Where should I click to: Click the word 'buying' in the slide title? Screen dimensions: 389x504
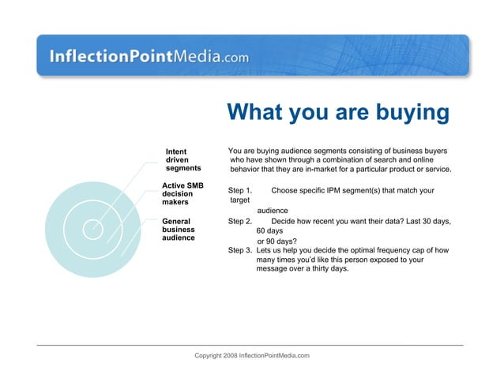pyautogui.click(x=408, y=113)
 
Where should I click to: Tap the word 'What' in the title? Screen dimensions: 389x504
pyautogui.click(x=258, y=113)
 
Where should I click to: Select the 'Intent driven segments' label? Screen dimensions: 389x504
pyautogui.click(x=182, y=159)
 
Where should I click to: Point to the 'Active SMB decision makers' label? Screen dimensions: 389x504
pyautogui.click(x=182, y=193)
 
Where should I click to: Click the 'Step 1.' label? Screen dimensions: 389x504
pyautogui.click(x=240, y=190)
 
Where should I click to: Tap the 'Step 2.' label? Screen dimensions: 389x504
pyautogui.click(x=240, y=222)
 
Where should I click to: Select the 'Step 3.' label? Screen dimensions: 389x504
pyautogui.click(x=240, y=250)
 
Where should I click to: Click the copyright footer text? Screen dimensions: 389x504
pyautogui.click(x=252, y=357)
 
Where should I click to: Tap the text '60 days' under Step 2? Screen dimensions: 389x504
pyautogui.click(x=269, y=231)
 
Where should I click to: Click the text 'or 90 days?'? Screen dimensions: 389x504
pyautogui.click(x=277, y=241)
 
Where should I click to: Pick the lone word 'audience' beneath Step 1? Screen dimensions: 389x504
pyautogui.click(x=273, y=211)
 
